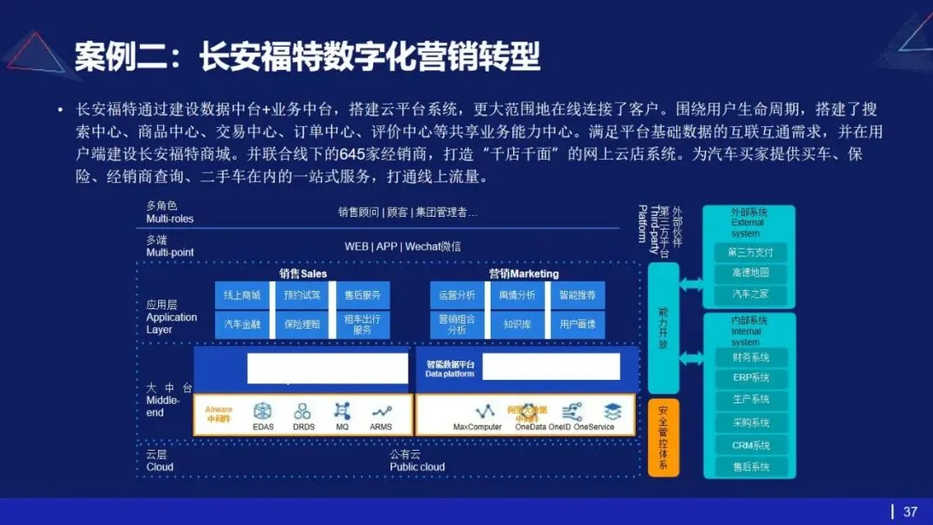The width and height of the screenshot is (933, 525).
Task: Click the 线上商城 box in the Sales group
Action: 242,295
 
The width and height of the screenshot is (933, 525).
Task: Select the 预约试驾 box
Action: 301,295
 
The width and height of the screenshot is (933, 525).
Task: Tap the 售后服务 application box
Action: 362,295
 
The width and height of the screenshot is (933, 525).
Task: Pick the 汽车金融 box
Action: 242,325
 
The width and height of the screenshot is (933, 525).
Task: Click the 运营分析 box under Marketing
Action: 457,295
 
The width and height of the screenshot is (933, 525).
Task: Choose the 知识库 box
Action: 517,325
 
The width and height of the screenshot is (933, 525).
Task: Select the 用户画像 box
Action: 578,325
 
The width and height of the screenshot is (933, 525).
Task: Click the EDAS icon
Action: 263,412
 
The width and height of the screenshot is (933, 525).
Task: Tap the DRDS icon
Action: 303,412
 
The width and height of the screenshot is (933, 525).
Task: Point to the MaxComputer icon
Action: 478,411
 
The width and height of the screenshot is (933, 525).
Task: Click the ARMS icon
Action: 381,412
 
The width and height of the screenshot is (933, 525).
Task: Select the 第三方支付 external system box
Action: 749,253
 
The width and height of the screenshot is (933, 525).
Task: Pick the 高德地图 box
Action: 749,273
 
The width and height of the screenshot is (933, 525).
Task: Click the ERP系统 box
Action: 749,378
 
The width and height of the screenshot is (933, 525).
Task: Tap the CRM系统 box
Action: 749,446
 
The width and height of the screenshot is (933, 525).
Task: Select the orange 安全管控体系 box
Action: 663,438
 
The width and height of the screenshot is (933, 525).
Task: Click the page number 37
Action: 910,512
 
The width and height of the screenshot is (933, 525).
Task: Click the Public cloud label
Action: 417,467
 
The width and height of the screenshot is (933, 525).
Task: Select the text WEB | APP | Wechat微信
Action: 403,246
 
